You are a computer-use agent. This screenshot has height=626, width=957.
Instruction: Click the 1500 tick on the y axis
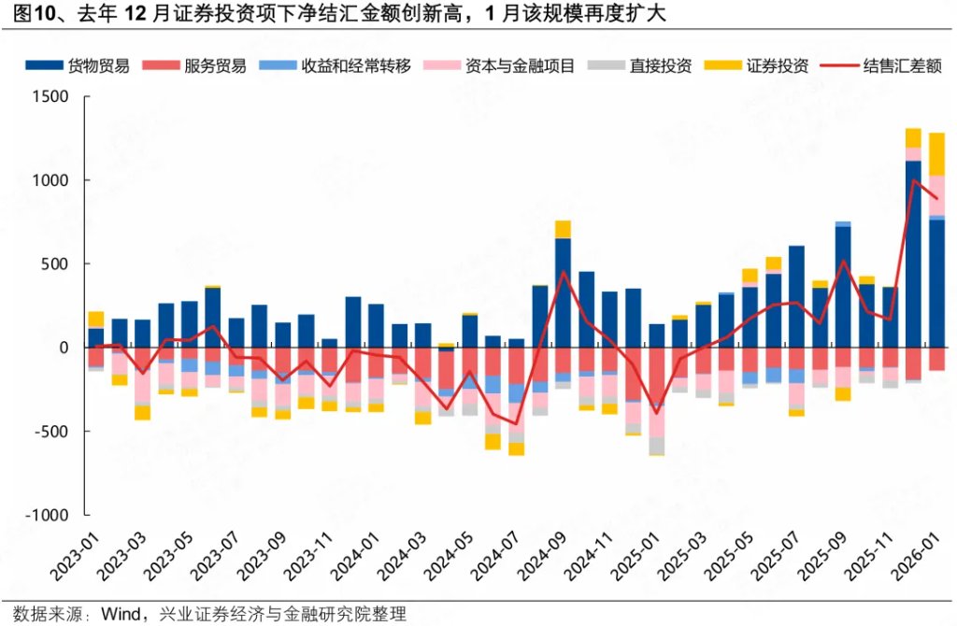click(x=50, y=97)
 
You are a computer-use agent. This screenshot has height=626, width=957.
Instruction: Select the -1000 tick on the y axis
click(x=47, y=515)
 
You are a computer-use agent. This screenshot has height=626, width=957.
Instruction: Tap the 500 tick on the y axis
click(x=55, y=264)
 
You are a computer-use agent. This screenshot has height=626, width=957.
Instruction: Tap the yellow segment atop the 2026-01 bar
click(x=936, y=154)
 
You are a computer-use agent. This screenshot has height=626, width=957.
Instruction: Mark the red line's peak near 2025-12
click(x=913, y=180)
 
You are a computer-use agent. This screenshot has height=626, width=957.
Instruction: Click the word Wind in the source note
click(x=120, y=614)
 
